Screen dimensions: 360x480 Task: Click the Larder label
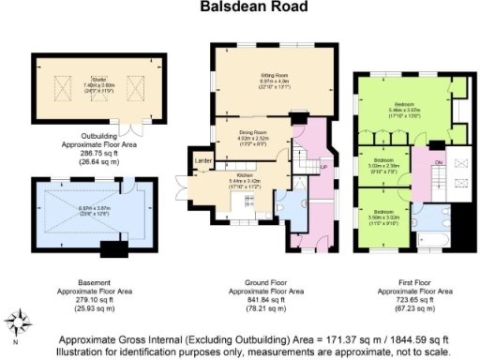[202, 160]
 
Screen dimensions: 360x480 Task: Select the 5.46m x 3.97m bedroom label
[405, 107]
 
